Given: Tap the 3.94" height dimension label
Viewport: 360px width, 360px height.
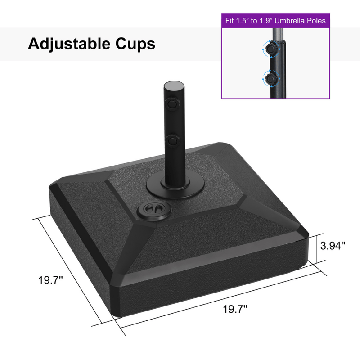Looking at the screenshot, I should click(333, 246).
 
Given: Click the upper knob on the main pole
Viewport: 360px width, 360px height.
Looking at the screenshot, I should click(171, 104).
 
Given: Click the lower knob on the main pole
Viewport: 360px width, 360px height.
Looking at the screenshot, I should click(171, 141).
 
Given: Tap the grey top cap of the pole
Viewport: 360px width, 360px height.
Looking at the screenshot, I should click(173, 85).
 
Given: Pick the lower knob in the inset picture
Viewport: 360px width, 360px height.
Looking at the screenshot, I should click(271, 79).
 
